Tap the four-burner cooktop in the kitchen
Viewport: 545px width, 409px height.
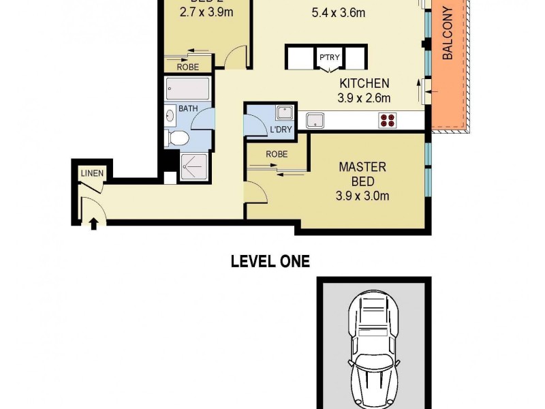(389, 121)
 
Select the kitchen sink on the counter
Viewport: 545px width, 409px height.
(315, 121)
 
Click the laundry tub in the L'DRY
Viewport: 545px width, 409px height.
(284, 112)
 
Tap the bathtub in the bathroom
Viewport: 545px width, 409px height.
(186, 89)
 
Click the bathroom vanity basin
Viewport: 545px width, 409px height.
(170, 116)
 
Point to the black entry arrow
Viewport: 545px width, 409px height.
(93, 222)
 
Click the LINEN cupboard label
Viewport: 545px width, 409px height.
(92, 173)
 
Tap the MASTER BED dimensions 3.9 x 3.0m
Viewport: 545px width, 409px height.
(362, 197)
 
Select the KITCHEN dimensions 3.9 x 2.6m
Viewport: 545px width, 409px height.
(364, 98)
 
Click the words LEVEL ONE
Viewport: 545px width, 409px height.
(270, 260)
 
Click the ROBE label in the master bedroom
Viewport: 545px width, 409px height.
(276, 155)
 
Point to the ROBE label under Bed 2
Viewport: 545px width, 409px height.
(188, 67)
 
